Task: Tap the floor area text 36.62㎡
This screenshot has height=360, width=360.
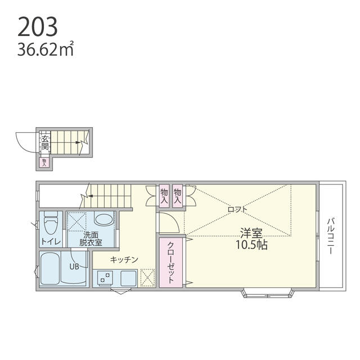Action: point(46,51)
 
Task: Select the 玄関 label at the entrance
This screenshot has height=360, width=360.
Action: point(44,142)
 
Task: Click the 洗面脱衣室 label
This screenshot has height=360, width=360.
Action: point(90,238)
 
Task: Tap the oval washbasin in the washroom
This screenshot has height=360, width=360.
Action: point(102,219)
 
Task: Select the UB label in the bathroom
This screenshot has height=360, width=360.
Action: point(74,267)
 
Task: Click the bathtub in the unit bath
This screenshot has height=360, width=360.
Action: point(56,269)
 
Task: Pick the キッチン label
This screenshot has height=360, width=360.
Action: point(125,259)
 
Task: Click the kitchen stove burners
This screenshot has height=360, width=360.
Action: point(105,277)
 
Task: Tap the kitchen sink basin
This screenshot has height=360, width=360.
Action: point(127,278)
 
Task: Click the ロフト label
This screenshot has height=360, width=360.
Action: point(237,209)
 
